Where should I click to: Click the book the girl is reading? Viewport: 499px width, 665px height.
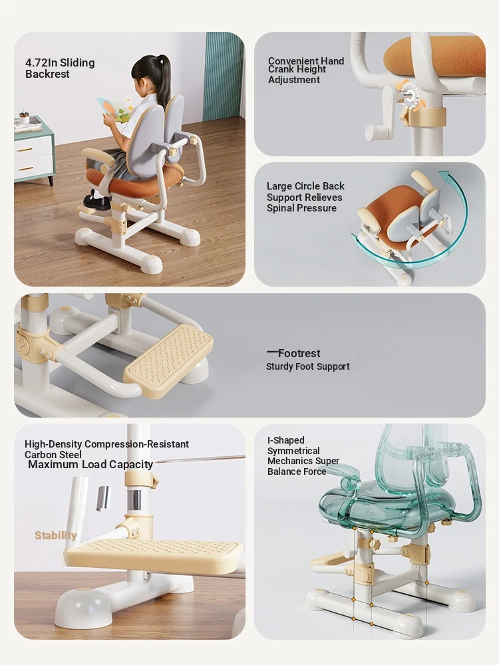point(115,110)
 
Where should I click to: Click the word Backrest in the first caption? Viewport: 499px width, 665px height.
point(47,74)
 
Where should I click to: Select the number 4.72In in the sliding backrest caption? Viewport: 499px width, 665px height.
point(41,63)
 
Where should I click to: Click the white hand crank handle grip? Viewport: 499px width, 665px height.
point(379,132)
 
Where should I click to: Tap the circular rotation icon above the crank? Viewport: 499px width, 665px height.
point(409,95)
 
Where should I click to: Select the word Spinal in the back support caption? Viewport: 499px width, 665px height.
point(281,208)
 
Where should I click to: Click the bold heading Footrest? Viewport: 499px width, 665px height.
point(299,353)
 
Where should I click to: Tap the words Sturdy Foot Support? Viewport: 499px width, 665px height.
point(307,366)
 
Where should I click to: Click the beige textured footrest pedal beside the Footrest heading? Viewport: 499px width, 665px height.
point(169,361)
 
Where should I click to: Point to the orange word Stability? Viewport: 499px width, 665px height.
point(56,535)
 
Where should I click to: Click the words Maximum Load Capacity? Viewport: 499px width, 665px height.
point(90,465)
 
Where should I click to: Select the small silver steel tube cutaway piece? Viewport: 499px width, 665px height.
point(103,498)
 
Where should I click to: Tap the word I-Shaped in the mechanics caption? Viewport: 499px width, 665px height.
point(285,440)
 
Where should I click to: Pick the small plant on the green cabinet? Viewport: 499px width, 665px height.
point(24,116)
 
